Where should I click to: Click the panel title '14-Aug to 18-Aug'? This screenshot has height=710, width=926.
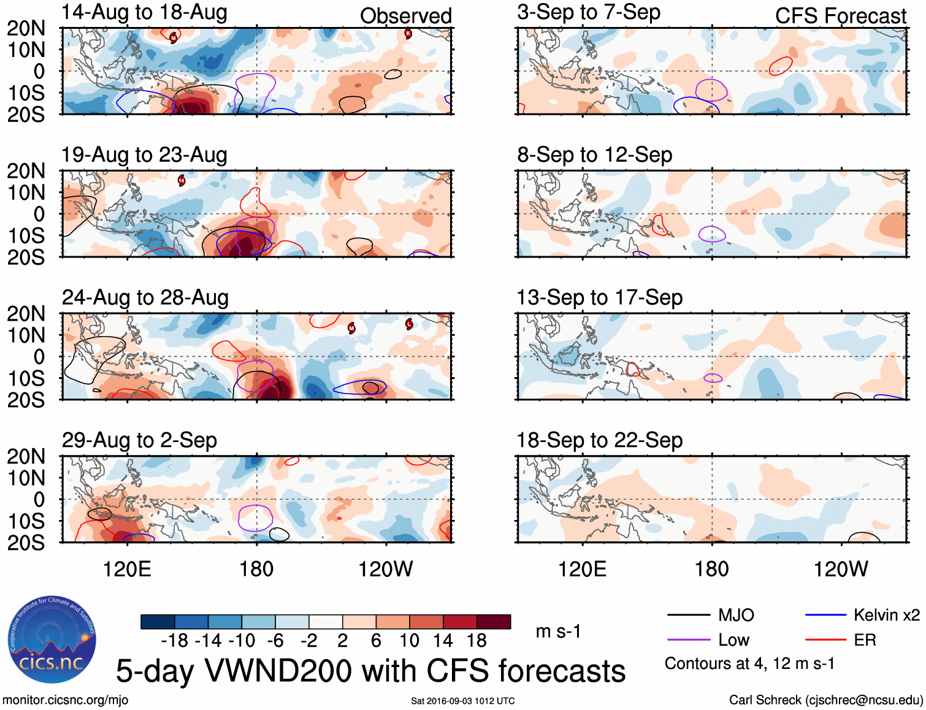[145, 12]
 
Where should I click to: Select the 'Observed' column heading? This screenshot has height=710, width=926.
[405, 16]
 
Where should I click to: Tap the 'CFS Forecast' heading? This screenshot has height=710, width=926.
[840, 16]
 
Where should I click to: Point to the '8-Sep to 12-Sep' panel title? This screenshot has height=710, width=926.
[594, 155]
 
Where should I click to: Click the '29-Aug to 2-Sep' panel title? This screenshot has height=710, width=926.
[139, 440]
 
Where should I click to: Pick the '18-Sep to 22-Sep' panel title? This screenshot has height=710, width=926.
[599, 440]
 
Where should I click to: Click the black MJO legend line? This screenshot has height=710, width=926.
[688, 615]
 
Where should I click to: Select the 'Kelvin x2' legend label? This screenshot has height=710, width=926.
[886, 615]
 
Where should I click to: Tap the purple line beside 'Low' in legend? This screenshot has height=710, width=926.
[688, 640]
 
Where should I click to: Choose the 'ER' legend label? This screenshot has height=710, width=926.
[865, 640]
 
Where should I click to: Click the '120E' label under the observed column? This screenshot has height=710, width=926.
[127, 569]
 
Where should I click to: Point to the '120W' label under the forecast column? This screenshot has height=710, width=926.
[840, 569]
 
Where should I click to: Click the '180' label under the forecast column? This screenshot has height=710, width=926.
[711, 569]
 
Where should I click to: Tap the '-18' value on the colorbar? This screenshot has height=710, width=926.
[175, 641]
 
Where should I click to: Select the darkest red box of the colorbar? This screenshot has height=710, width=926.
[494, 622]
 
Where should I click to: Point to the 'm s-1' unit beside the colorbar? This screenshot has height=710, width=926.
[558, 632]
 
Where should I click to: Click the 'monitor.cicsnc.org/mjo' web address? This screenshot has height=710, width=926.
[66, 700]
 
